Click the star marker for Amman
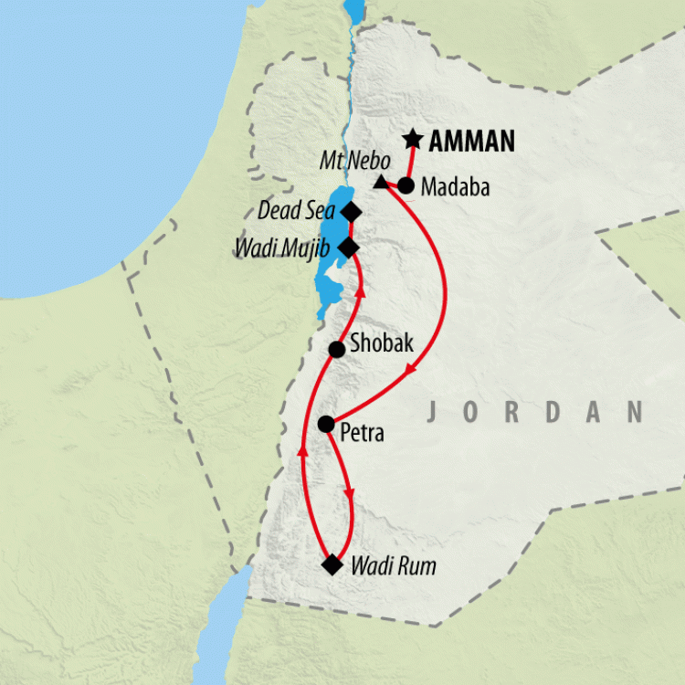pos(413,140)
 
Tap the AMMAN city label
pos(472,142)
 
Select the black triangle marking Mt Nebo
pos(380,183)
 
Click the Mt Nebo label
pos(354,160)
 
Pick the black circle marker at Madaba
pos(406,186)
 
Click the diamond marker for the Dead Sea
pos(351,212)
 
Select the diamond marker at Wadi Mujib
pos(348,247)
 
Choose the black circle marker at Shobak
pos(336,349)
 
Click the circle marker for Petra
pos(325,424)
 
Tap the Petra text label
pos(362,432)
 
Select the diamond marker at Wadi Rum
pos(332,565)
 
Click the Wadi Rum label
pos(394,566)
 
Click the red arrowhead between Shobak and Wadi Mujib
pos(360,292)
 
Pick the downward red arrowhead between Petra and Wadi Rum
pos(349,495)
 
